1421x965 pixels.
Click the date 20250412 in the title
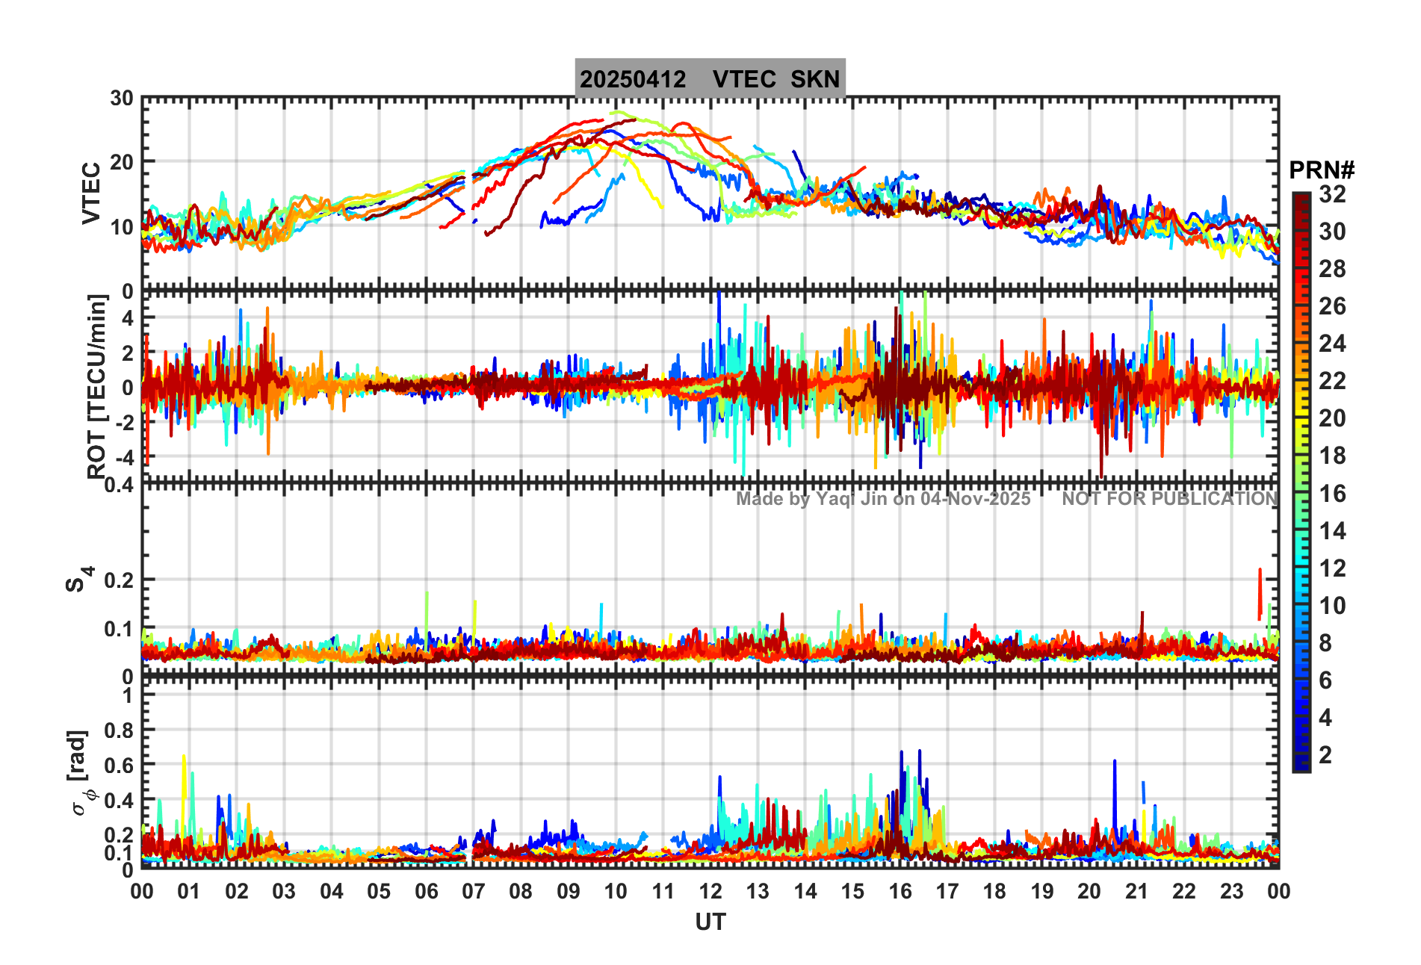pyautogui.click(x=633, y=79)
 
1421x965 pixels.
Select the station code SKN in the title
pyautogui.click(x=815, y=79)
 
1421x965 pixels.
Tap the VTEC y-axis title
pyautogui.click(x=91, y=193)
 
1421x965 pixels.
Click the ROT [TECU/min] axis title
pyautogui.click(x=97, y=386)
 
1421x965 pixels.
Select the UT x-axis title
pyautogui.click(x=710, y=922)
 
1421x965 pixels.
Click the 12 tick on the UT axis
pyautogui.click(x=710, y=891)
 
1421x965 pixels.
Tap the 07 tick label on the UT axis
pyautogui.click(x=474, y=891)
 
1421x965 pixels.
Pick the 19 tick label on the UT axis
pyautogui.click(x=1041, y=891)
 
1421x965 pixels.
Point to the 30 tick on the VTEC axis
pyautogui.click(x=122, y=99)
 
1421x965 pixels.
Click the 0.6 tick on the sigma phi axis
pyautogui.click(x=118, y=765)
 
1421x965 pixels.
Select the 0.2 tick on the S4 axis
pyautogui.click(x=118, y=580)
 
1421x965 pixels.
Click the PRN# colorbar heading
pyautogui.click(x=1321, y=170)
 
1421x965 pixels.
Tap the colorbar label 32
pyautogui.click(x=1332, y=194)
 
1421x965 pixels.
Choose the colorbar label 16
pyautogui.click(x=1332, y=494)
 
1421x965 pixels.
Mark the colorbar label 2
pyautogui.click(x=1325, y=755)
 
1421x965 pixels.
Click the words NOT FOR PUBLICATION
pyautogui.click(x=1169, y=499)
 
